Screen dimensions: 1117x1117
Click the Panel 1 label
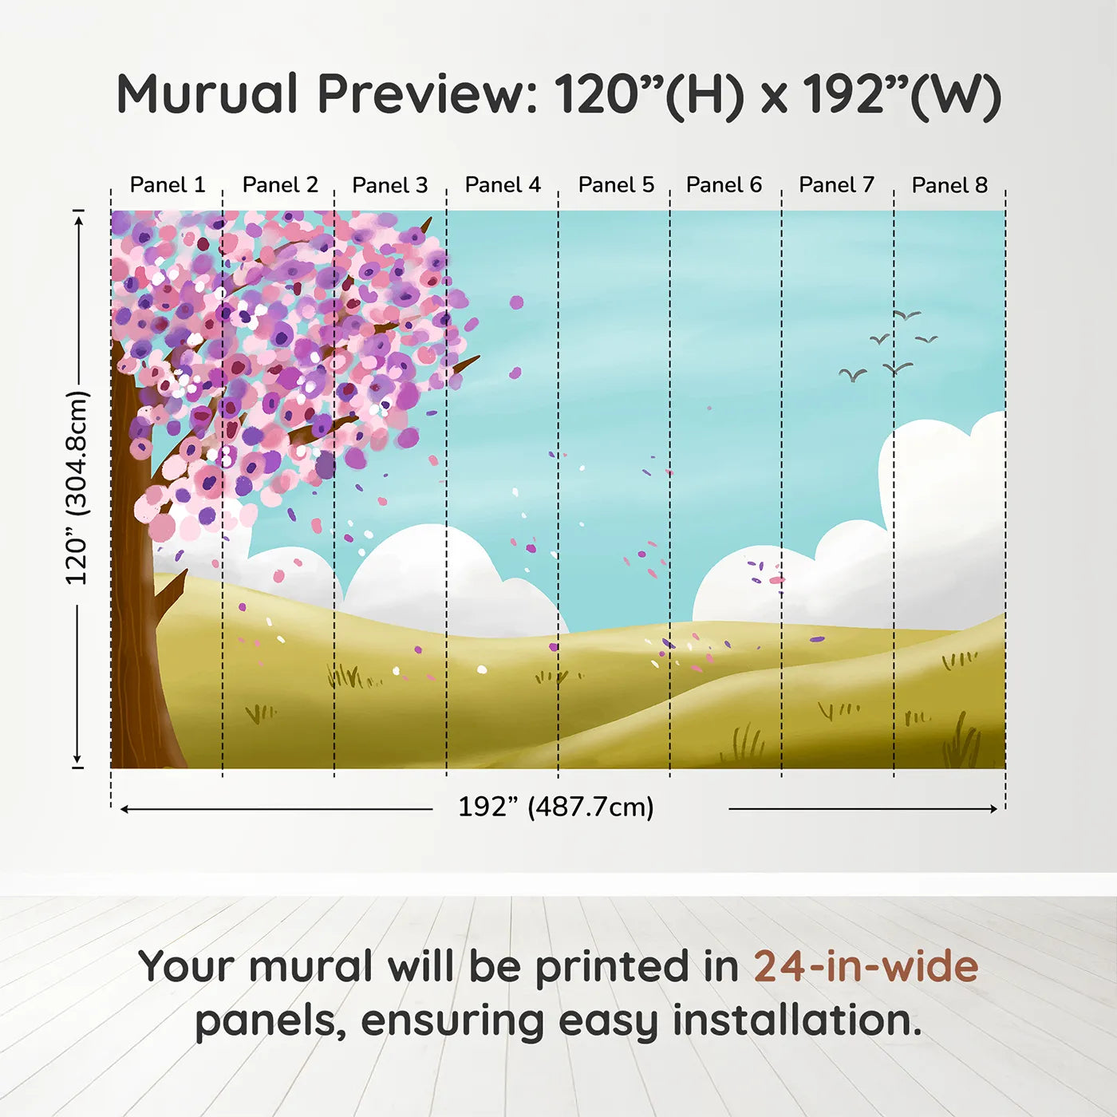tap(168, 185)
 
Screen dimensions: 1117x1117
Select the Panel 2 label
tap(280, 185)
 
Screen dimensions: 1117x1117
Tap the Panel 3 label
tap(390, 185)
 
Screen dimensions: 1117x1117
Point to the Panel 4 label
tap(503, 185)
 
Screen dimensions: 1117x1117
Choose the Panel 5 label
tap(616, 185)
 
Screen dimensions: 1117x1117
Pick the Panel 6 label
tap(724, 185)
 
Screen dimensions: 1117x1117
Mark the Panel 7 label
tap(836, 185)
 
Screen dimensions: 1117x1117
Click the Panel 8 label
tap(949, 185)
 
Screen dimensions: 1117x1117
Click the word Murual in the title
tap(207, 94)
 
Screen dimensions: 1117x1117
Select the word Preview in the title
tap(427, 94)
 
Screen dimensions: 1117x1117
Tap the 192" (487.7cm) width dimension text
tap(556, 807)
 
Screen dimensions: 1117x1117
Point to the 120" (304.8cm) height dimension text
tap(77, 487)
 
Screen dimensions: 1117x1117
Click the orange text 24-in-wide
tap(866, 966)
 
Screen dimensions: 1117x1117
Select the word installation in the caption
tap(796, 1020)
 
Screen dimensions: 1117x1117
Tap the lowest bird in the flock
tap(852, 374)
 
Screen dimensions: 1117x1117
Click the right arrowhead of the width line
tap(993, 808)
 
